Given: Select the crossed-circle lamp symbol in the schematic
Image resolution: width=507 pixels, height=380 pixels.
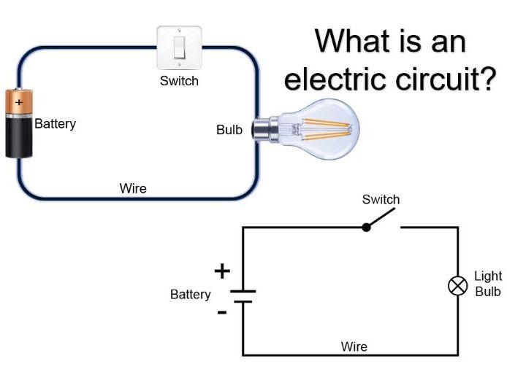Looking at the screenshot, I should click(458, 285).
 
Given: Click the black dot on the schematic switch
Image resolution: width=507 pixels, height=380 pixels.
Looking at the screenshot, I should click(367, 227).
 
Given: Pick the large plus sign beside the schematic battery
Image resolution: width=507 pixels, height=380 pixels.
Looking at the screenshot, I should click(222, 271).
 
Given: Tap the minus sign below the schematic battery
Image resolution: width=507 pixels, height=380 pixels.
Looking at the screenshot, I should click(222, 312).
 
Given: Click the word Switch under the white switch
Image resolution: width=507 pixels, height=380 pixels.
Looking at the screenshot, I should click(179, 80).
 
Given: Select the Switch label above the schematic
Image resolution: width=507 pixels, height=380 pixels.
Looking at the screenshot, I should click(381, 199).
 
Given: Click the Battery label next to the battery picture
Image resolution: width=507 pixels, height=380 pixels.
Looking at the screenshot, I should click(55, 124).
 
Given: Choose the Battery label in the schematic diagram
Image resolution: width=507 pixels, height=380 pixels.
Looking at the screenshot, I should click(190, 295).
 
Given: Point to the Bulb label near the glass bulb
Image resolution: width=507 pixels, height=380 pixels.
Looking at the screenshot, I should click(229, 131).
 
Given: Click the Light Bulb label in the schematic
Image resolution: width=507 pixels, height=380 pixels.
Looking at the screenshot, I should click(488, 284).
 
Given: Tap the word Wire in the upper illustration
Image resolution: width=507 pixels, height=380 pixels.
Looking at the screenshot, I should click(133, 189).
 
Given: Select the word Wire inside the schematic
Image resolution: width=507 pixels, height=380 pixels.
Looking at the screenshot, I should click(354, 346).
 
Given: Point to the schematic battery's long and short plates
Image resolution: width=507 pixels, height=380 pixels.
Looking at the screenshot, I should click(243, 295).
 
